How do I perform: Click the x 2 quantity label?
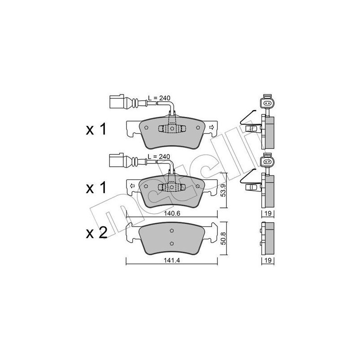pyautogui.click(x=95, y=233)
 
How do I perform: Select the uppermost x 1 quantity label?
pyautogui.click(x=95, y=130)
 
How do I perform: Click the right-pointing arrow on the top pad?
pyautogui.click(x=210, y=128)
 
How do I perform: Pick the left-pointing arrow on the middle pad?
pyautogui.click(x=132, y=185)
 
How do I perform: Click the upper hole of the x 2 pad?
pyautogui.click(x=171, y=231)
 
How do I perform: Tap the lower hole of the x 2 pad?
pyautogui.click(x=171, y=243)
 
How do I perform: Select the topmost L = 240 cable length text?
pyautogui.click(x=159, y=98)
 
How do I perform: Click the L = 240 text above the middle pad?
pyautogui.click(x=159, y=156)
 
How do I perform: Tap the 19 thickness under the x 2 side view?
pyautogui.click(x=267, y=261)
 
